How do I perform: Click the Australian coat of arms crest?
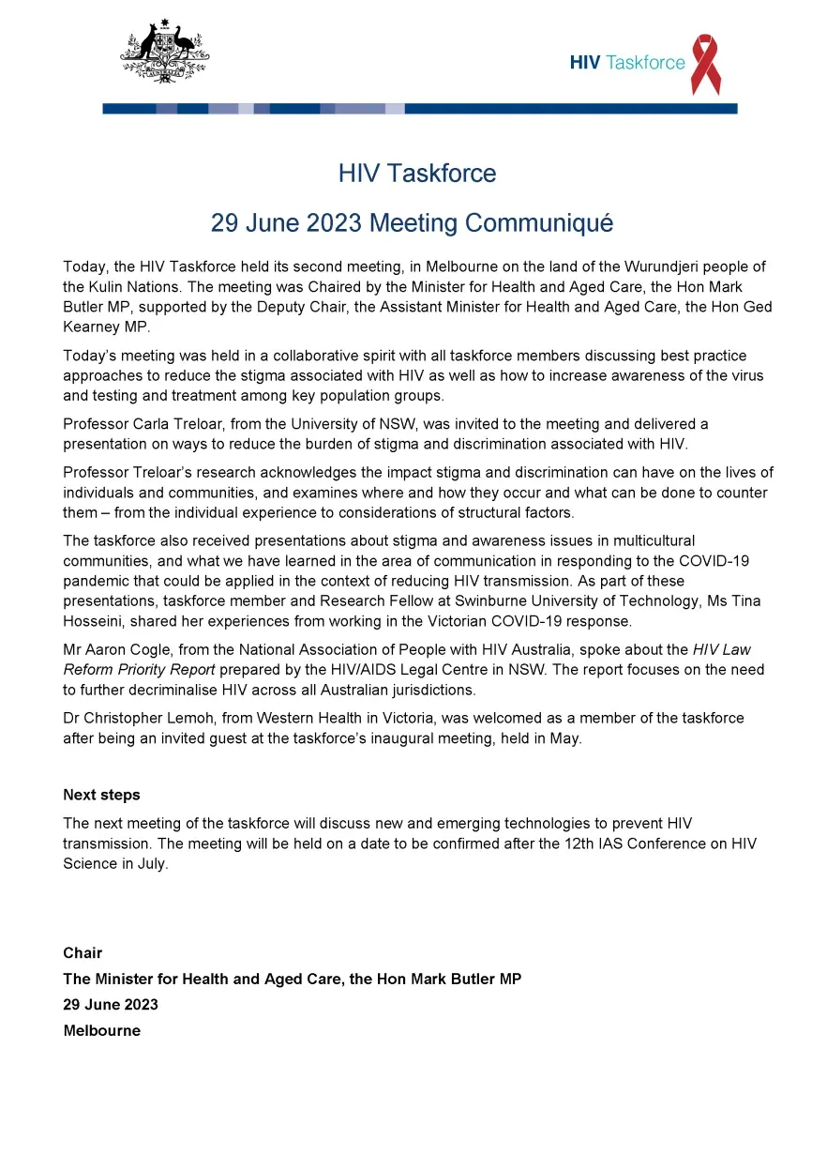(164, 51)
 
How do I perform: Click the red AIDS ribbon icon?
(705, 64)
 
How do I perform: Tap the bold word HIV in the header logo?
(585, 63)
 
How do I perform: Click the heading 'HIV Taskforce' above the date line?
(417, 174)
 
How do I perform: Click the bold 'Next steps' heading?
(101, 795)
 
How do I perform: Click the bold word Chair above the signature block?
(83, 953)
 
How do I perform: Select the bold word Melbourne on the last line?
(101, 1030)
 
